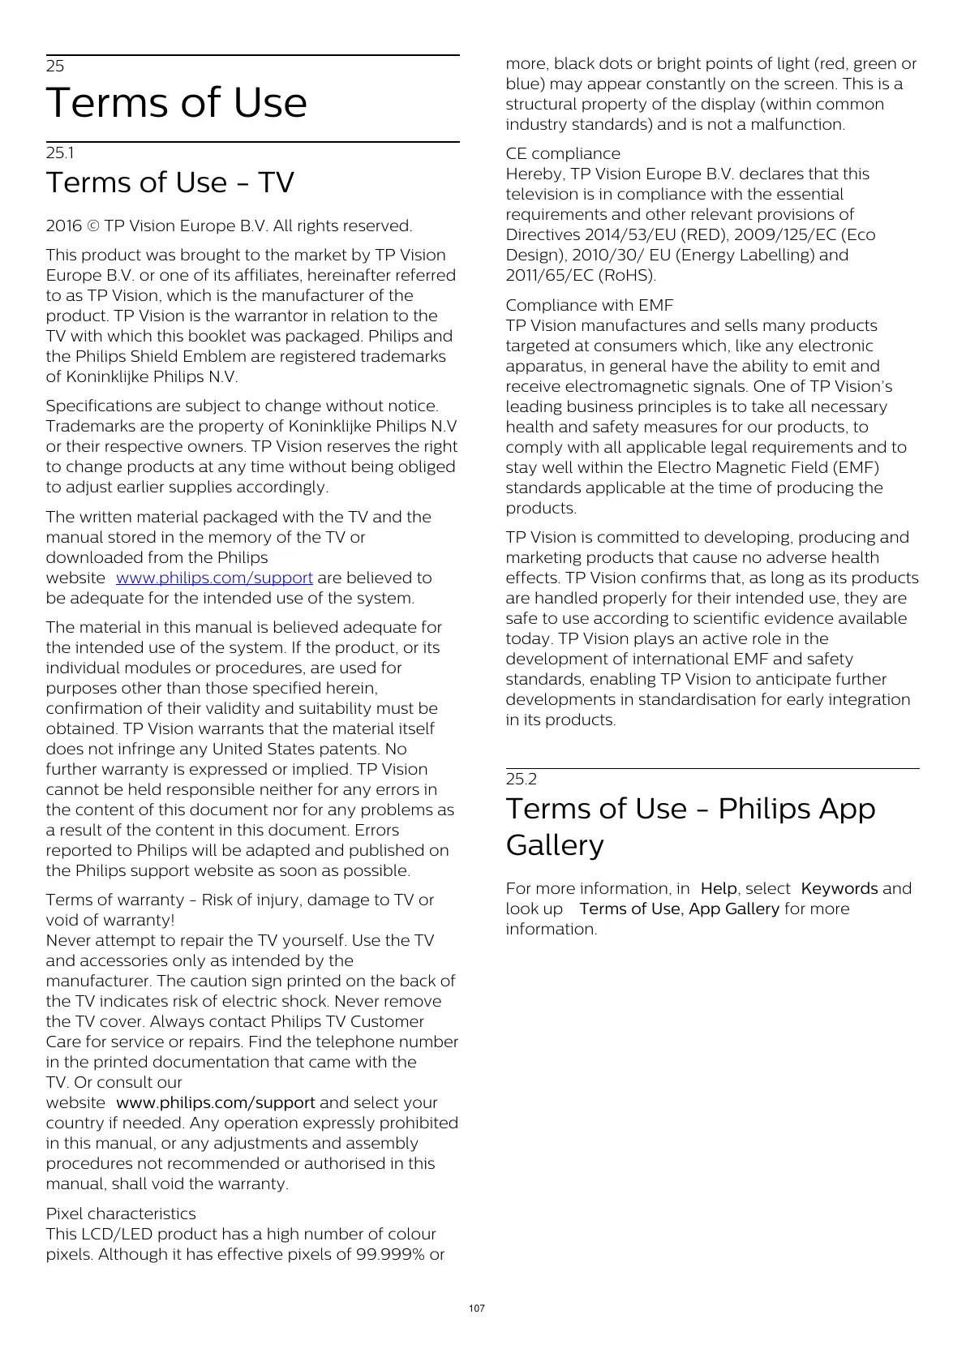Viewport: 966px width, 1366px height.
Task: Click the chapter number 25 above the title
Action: [x=55, y=67]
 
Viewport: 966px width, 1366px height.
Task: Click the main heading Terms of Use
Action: [x=177, y=103]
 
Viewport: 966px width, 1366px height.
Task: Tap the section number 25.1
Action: [x=60, y=153]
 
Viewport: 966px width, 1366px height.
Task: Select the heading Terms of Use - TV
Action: [x=170, y=183]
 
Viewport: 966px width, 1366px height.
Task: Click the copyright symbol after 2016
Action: [x=93, y=226]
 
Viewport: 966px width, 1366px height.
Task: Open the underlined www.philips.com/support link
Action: [x=214, y=578]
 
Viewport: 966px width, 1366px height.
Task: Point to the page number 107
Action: [x=477, y=1308]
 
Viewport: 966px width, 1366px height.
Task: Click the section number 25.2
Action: [x=521, y=780]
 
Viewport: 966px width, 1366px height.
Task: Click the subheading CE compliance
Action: [x=563, y=154]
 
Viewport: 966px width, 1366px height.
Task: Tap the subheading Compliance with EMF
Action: [x=590, y=306]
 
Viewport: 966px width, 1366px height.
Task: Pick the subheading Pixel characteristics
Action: [x=121, y=1214]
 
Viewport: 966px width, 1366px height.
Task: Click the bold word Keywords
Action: [x=839, y=889]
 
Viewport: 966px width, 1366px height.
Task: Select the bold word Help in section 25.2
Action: [x=719, y=889]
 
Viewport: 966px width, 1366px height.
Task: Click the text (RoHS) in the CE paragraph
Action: [x=627, y=276]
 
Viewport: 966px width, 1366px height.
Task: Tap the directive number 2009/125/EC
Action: [x=784, y=235]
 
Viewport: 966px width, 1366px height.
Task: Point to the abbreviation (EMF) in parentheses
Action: [x=856, y=468]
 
